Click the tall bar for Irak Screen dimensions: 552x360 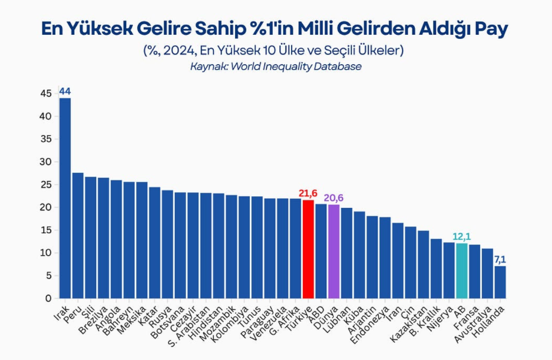(x=65, y=199)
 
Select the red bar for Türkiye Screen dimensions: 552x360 (x=308, y=249)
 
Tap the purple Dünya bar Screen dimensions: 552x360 (x=334, y=252)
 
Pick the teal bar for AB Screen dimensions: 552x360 (x=462, y=271)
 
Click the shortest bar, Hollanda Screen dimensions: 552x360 (x=500, y=282)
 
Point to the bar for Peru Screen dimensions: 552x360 (x=78, y=236)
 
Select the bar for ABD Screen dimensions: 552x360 (x=321, y=251)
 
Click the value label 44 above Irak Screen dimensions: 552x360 (x=65, y=91)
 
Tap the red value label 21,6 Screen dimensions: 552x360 (x=308, y=193)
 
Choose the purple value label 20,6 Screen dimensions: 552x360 (x=334, y=198)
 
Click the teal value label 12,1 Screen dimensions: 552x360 (x=462, y=237)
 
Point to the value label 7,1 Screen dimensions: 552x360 (x=500, y=260)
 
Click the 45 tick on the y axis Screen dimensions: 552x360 (x=46, y=94)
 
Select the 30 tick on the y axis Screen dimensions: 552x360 (x=46, y=162)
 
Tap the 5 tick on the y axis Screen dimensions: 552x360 (x=48, y=276)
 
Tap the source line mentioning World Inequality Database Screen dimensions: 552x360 (x=276, y=67)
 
